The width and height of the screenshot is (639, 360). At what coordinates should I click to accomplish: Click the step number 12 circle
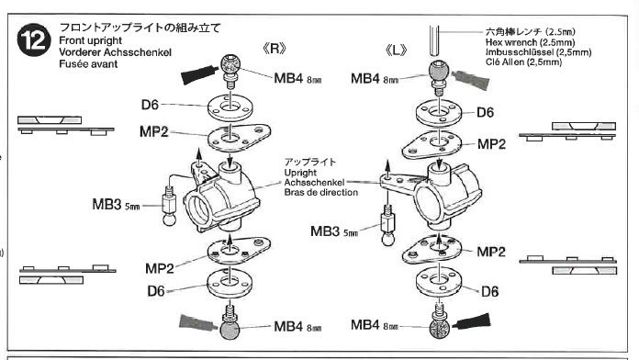tap(34, 39)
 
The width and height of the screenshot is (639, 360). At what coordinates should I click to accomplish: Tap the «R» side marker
tap(275, 49)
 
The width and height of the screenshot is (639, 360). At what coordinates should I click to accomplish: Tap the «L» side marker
tap(396, 51)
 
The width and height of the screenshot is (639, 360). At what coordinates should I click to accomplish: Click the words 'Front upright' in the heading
tap(91, 40)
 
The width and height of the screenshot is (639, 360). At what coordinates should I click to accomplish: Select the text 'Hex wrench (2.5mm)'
tap(530, 42)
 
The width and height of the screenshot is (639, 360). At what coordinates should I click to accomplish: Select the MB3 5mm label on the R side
tap(117, 204)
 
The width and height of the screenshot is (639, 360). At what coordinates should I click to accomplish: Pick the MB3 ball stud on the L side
tap(387, 225)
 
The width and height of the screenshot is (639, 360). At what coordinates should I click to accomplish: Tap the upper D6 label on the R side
tap(150, 105)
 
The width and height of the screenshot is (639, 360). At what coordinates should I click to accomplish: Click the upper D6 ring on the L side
tap(439, 111)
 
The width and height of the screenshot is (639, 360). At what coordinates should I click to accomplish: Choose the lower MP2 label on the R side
tap(160, 268)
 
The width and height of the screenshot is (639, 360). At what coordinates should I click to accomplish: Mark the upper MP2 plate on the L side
tap(432, 145)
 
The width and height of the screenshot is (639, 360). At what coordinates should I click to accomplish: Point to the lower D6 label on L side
tap(489, 291)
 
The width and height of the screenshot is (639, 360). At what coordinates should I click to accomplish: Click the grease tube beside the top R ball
tap(199, 74)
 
